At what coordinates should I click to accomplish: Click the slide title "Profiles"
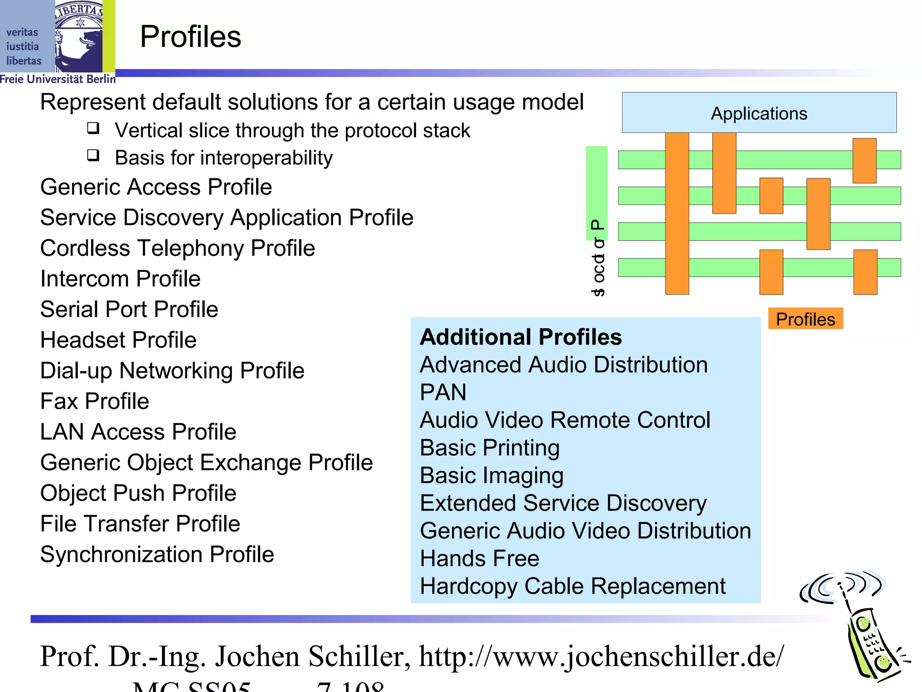pyautogui.click(x=190, y=36)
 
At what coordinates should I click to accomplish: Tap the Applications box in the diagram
pyautogui.click(x=759, y=113)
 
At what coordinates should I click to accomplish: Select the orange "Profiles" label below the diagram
pyautogui.click(x=805, y=319)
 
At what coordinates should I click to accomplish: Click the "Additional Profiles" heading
pyautogui.click(x=521, y=337)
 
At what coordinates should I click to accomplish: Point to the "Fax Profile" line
pyautogui.click(x=95, y=401)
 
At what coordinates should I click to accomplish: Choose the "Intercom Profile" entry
pyautogui.click(x=120, y=278)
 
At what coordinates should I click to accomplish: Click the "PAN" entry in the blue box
pyautogui.click(x=443, y=392)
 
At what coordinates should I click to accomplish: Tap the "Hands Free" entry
pyautogui.click(x=479, y=558)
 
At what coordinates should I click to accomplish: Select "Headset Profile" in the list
pyautogui.click(x=118, y=340)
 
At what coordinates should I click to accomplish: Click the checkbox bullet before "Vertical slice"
pyautogui.click(x=93, y=128)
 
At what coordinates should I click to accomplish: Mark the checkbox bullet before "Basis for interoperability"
pyautogui.click(x=93, y=155)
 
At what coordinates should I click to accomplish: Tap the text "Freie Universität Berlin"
pyautogui.click(x=58, y=79)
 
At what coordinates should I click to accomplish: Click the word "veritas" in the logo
pyautogui.click(x=22, y=32)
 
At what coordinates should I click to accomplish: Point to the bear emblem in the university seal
pyautogui.click(x=81, y=41)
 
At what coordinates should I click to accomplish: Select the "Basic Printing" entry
pyautogui.click(x=490, y=447)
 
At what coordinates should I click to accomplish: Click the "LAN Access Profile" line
pyautogui.click(x=138, y=432)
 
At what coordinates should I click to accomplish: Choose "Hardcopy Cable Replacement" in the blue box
pyautogui.click(x=573, y=586)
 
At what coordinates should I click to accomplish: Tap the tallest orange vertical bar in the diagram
pyautogui.click(x=677, y=213)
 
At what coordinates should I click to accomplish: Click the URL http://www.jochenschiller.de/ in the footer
pyautogui.click(x=601, y=656)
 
